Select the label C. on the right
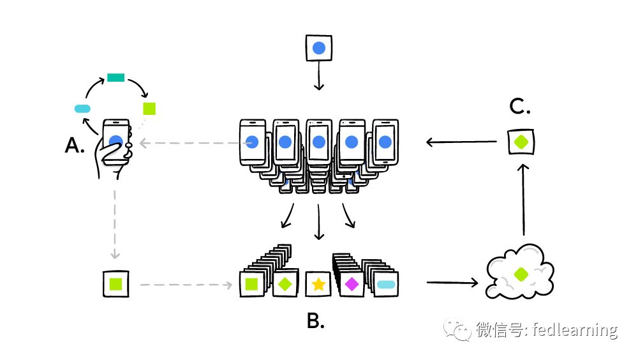520,107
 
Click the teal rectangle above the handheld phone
115,78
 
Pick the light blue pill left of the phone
83,109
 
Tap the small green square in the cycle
149,108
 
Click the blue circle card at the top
319,49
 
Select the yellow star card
318,284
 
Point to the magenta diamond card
351,284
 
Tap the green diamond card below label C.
521,141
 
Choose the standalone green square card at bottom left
116,283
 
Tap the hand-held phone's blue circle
115,142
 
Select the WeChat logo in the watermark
458,329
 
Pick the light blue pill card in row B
386,284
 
